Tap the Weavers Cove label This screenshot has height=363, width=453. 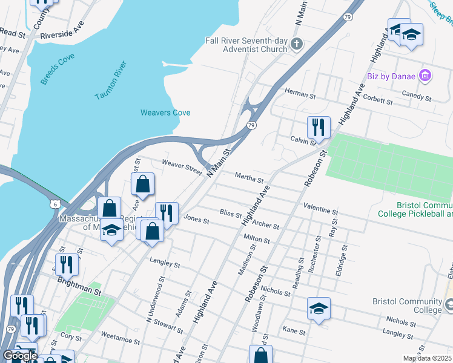[x=165, y=113]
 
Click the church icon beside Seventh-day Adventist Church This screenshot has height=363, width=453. [x=297, y=44]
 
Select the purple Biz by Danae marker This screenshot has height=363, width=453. [x=425, y=76]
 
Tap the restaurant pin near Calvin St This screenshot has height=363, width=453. [x=319, y=128]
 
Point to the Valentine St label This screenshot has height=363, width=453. [x=321, y=208]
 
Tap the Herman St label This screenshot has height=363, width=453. [x=300, y=94]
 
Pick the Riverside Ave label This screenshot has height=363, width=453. [x=62, y=31]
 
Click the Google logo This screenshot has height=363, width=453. [x=19, y=356]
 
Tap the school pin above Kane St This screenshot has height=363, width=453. [x=319, y=309]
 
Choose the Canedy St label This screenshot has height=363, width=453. [x=416, y=96]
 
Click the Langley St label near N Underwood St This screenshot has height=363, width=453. [x=165, y=263]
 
